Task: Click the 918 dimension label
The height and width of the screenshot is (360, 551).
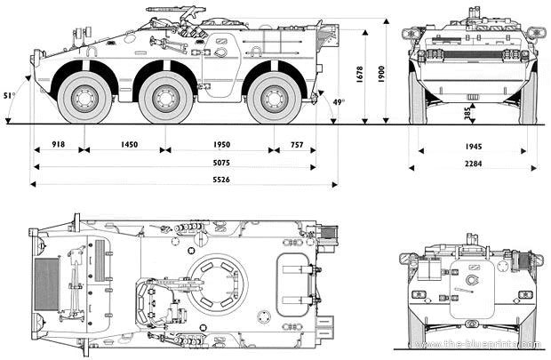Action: [x=58, y=144]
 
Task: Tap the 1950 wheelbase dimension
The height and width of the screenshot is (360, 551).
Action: [x=220, y=144]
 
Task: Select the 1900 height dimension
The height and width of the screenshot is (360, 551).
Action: [x=381, y=71]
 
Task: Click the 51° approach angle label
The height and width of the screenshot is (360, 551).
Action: [x=9, y=95]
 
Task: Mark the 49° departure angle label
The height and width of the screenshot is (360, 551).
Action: [x=338, y=102]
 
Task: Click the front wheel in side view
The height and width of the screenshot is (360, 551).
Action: [x=84, y=98]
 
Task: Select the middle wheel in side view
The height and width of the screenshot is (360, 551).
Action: [x=165, y=98]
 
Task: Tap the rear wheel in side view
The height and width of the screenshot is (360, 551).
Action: [x=274, y=98]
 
